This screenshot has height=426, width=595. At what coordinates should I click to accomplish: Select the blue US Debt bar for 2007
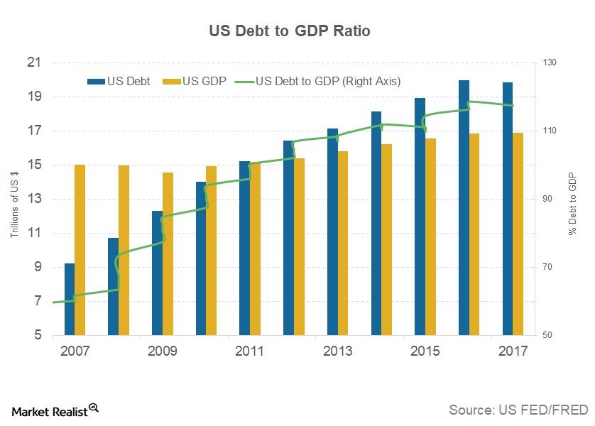click(x=70, y=299)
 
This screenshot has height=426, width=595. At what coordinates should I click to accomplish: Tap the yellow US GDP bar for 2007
click(x=80, y=249)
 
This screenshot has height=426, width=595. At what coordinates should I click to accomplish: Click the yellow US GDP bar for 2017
click(x=518, y=234)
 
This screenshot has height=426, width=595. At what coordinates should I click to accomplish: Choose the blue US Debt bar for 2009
click(x=157, y=273)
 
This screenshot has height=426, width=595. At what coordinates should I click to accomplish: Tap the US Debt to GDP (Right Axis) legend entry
click(x=319, y=82)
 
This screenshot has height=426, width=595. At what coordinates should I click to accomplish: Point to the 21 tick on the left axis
click(x=33, y=63)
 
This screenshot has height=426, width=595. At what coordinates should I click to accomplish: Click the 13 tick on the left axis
click(x=33, y=200)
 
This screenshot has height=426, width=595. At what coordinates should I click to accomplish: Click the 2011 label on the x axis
click(x=249, y=351)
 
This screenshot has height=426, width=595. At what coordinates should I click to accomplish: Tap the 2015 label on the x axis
click(x=425, y=351)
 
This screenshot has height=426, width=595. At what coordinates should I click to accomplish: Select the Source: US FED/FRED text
click(x=518, y=410)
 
